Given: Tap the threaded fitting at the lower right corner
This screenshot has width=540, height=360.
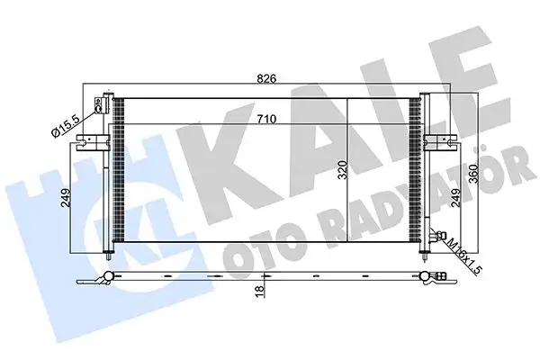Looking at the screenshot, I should click(x=436, y=239).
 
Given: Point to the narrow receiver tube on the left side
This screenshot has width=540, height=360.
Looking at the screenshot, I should click(x=108, y=171).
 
